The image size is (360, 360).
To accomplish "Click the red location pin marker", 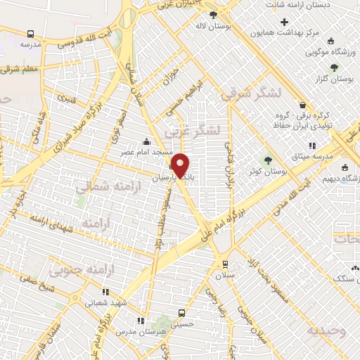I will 181,166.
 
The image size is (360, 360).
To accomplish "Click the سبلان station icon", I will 224,264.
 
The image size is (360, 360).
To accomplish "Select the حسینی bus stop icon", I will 182,312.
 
